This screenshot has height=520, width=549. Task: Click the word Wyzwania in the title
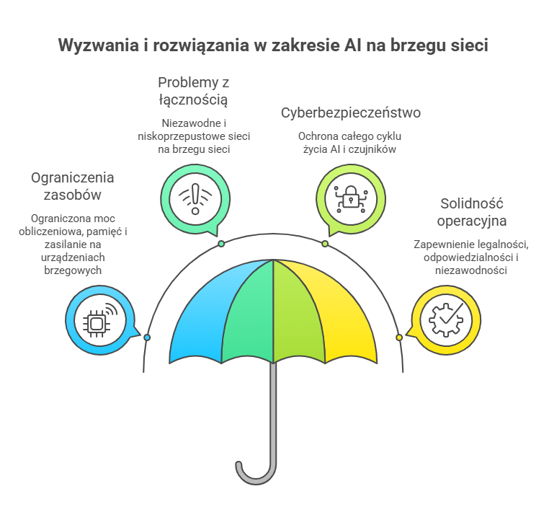pyautogui.click(x=99, y=45)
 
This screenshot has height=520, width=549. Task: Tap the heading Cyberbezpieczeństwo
pyautogui.click(x=351, y=113)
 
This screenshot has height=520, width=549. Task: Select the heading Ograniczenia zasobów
pyautogui.click(x=73, y=186)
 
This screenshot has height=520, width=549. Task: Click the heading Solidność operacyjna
pyautogui.click(x=472, y=212)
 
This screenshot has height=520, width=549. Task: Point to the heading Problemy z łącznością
pyautogui.click(x=193, y=91)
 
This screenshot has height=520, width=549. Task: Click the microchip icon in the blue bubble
pyautogui.click(x=100, y=320)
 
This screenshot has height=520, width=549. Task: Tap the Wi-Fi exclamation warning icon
pyautogui.click(x=195, y=199)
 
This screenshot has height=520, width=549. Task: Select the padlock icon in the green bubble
pyautogui.click(x=351, y=199)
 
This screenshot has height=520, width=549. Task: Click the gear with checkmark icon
pyautogui.click(x=446, y=320)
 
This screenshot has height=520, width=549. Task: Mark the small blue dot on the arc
pyautogui.click(x=147, y=338)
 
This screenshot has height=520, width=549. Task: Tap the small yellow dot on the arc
pyautogui.click(x=399, y=338)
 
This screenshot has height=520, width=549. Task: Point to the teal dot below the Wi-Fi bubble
pyautogui.click(x=221, y=244)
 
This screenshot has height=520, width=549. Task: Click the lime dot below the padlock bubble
pyautogui.click(x=325, y=244)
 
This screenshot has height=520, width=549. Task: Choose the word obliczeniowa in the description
pyautogui.click(x=51, y=232)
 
